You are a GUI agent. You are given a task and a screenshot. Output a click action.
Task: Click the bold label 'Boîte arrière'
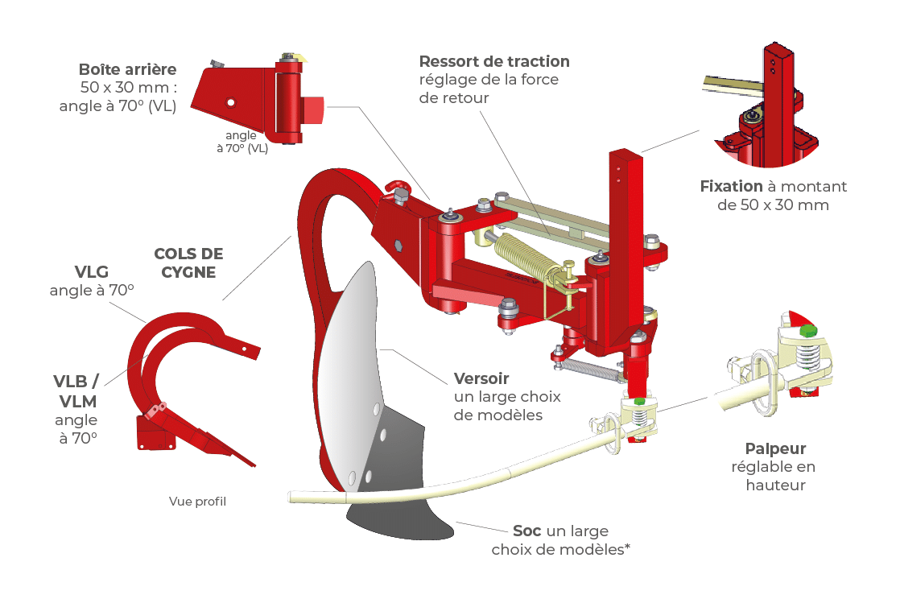click(x=127, y=69)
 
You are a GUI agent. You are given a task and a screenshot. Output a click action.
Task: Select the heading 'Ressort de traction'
click(x=494, y=61)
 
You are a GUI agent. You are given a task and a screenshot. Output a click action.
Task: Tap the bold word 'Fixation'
click(x=730, y=186)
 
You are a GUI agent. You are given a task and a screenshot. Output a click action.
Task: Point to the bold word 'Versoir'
click(x=481, y=378)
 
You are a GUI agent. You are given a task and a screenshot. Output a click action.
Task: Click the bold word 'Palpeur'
click(x=775, y=449)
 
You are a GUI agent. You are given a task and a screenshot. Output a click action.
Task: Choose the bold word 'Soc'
click(x=527, y=531)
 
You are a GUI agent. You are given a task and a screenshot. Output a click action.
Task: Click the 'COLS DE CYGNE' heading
click(x=188, y=263)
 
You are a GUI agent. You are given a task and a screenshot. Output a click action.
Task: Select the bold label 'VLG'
click(x=91, y=271)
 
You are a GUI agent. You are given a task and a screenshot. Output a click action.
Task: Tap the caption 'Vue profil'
click(x=197, y=502)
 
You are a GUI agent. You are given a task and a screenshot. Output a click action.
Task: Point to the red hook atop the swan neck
click(x=397, y=191)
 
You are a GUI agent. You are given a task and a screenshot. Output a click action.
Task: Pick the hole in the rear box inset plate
click(x=231, y=102)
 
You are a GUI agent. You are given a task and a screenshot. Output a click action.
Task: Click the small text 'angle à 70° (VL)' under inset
click(x=246, y=143)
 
